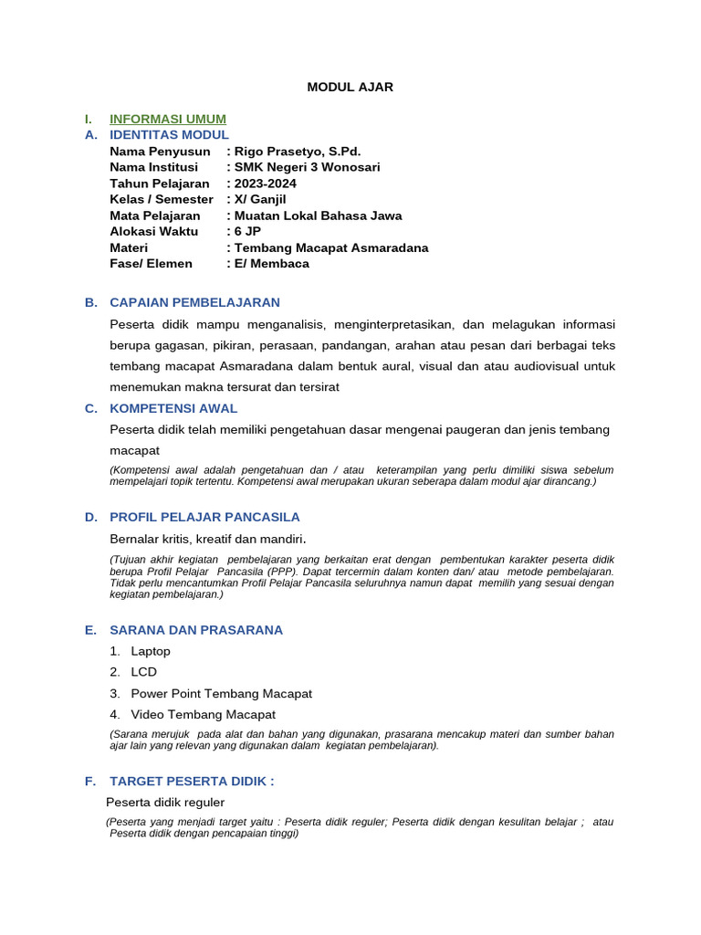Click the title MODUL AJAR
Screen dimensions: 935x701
(350, 87)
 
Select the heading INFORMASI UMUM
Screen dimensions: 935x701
(168, 119)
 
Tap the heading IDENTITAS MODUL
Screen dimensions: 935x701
(169, 134)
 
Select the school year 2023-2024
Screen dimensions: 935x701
(265, 184)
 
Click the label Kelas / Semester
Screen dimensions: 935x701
(161, 199)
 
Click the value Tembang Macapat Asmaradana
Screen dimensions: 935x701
(330, 247)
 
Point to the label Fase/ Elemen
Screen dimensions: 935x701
(151, 263)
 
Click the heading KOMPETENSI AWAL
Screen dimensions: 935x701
(173, 408)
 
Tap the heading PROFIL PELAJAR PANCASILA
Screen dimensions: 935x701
(204, 517)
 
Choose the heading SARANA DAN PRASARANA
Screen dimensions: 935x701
(196, 630)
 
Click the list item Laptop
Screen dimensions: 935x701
(151, 651)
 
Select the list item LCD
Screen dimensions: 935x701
(143, 672)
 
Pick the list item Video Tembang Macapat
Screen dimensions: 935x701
(203, 714)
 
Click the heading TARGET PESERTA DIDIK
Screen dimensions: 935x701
(192, 781)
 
